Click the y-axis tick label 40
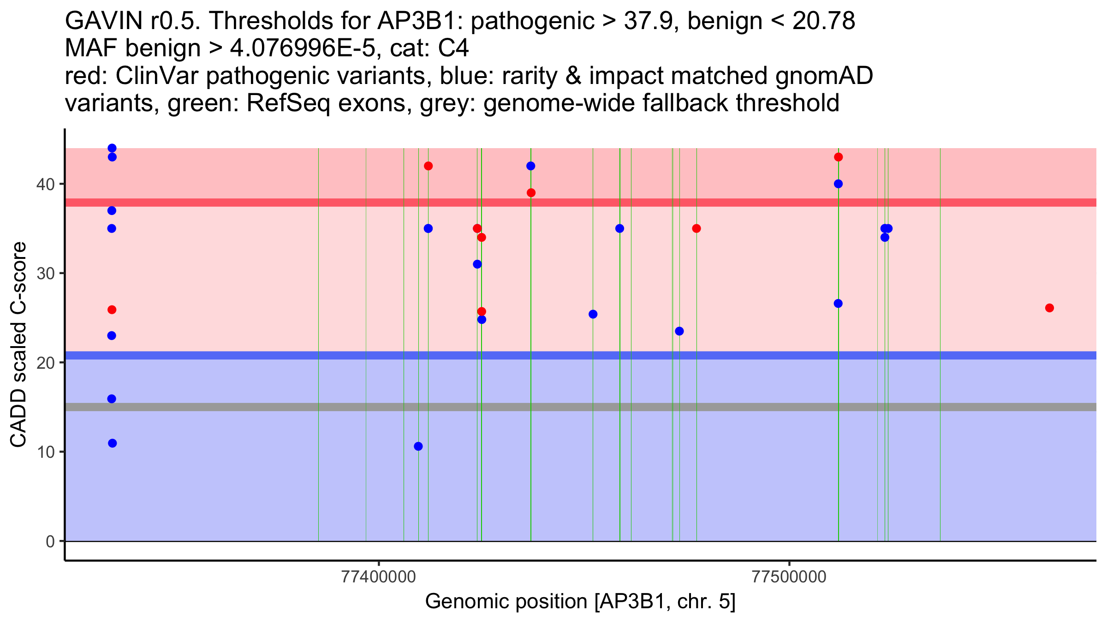pos(45,184)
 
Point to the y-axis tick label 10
pos(45,452)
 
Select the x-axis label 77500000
pos(789,577)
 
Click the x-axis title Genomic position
pos(580,602)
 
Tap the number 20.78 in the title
pos(824,21)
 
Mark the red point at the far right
pos(1049,308)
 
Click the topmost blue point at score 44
pos(112,148)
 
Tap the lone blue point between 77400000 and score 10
pos(418,446)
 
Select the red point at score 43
pos(839,157)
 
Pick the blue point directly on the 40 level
pos(839,184)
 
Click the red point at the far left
pos(112,310)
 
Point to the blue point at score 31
pos(477,264)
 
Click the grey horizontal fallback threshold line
pos(580,407)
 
